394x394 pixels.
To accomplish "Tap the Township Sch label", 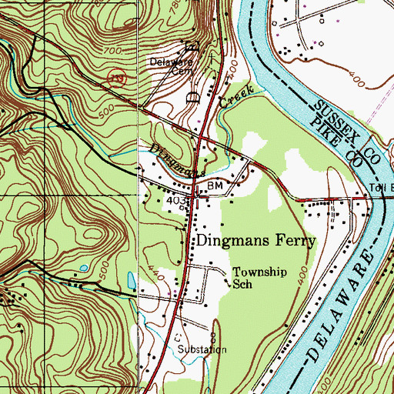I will tap(254, 278).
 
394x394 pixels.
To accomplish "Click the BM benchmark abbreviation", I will tap(215, 187).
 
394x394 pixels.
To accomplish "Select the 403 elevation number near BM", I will tap(176, 201).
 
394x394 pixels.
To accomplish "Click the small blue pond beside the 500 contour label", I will tap(82, 268).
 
